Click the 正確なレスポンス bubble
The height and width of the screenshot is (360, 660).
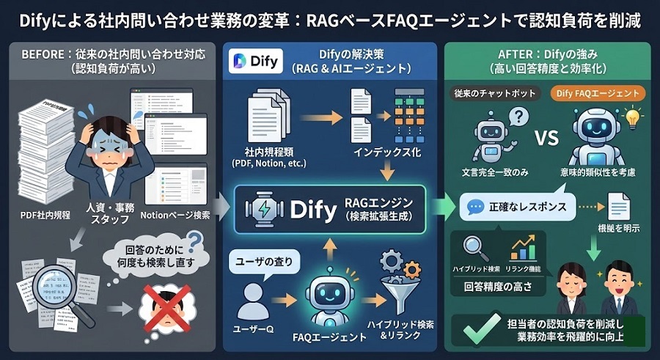[516, 207]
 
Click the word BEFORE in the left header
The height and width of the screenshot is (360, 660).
[45, 54]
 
